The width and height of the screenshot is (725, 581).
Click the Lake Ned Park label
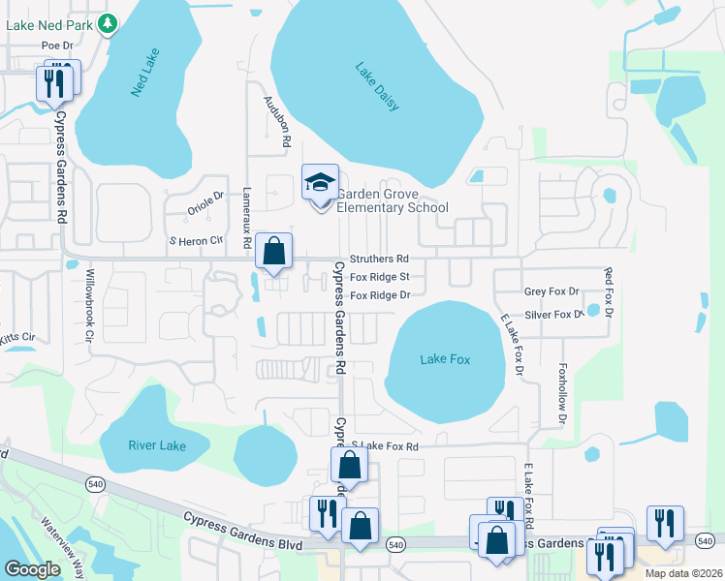[50, 24]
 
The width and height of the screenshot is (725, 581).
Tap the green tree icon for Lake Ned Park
[108, 23]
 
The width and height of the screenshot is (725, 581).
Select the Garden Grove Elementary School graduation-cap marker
[320, 182]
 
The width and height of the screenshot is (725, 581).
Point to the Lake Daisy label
[377, 86]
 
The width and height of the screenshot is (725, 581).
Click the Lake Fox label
[445, 359]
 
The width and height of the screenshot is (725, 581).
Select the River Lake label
[156, 445]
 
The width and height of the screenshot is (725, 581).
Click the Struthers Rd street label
[379, 260]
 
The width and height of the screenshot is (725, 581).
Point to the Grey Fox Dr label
[551, 290]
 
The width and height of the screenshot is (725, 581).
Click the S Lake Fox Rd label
[384, 446]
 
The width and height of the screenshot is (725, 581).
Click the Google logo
[32, 569]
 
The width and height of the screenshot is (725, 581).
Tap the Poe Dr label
[57, 46]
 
